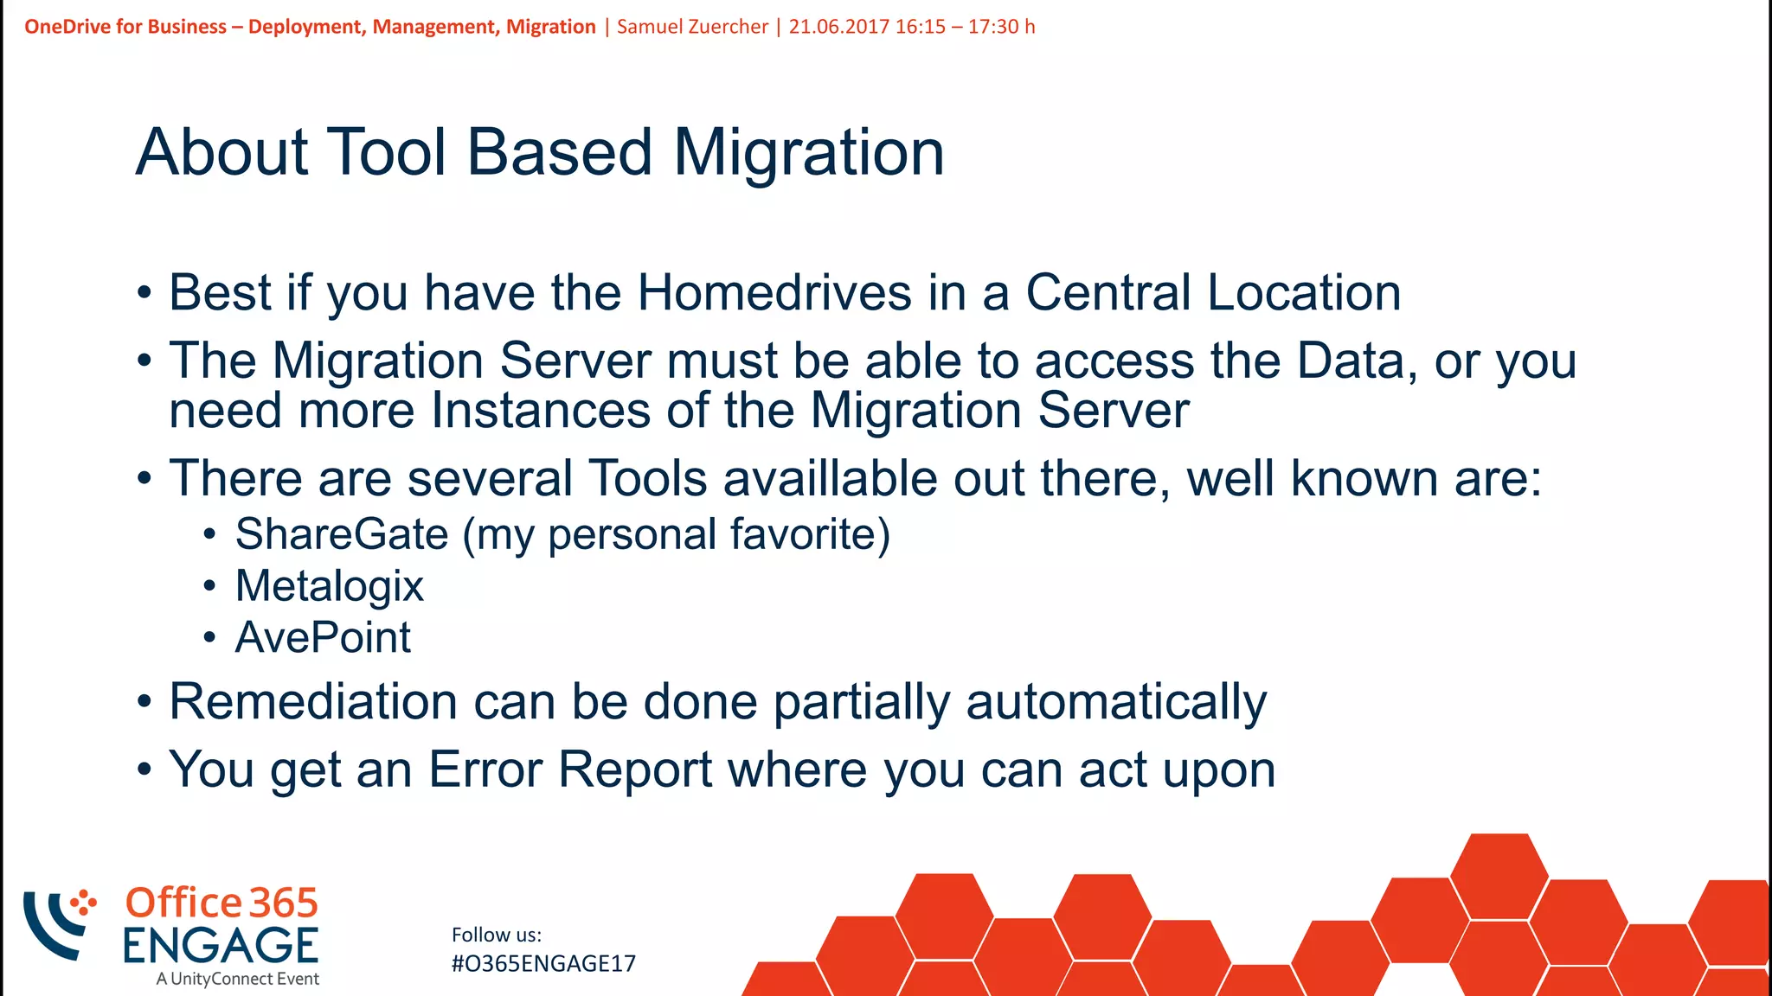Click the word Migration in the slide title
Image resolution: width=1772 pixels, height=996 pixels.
[x=808, y=153]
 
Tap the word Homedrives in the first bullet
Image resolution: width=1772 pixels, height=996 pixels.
[x=774, y=292]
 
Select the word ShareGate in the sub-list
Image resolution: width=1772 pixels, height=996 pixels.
[x=342, y=534]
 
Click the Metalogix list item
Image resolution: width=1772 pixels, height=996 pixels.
[x=329, y=586]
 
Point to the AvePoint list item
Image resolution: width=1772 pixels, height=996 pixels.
[x=323, y=638]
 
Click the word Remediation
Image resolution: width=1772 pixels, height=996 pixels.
[x=312, y=701]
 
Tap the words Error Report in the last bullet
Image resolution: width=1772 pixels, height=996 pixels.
[x=571, y=769]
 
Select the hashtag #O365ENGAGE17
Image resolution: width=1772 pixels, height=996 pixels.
[x=543, y=964]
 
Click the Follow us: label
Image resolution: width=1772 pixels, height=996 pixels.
[x=496, y=935]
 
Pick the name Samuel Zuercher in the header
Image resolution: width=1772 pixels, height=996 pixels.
[x=692, y=27]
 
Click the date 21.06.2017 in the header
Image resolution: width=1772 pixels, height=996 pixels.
[x=838, y=27]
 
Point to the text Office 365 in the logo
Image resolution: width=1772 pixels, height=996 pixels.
[x=221, y=903]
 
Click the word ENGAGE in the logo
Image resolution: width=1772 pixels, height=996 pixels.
[x=221, y=945]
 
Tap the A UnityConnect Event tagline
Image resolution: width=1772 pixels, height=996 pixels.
[x=238, y=979]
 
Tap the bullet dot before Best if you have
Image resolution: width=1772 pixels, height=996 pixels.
[x=144, y=293]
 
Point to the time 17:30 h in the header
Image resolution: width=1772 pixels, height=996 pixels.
[x=1001, y=27]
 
